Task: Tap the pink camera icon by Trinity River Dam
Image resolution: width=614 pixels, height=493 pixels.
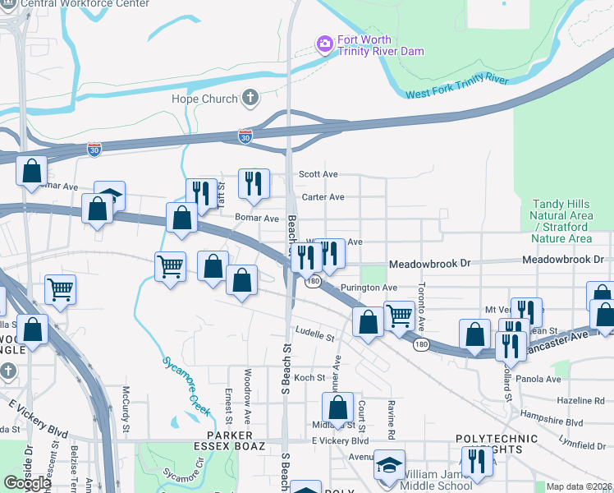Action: coord(324,43)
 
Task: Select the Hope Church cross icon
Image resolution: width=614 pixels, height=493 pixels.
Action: coord(250,99)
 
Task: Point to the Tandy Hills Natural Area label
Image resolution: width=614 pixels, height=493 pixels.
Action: coord(562,221)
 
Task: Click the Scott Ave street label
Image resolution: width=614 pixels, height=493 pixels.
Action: coord(318,174)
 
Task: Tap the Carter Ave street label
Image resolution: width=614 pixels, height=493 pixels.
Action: coord(323,197)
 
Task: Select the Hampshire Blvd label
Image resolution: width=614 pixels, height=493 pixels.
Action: coord(552,422)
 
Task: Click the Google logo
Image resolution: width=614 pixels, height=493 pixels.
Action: coord(26,482)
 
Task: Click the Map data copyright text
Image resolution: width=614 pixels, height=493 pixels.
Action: coord(580,486)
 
